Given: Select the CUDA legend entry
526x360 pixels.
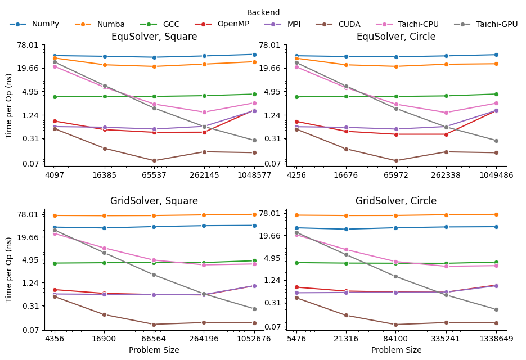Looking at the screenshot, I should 349,24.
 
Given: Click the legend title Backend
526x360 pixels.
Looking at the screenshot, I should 263,12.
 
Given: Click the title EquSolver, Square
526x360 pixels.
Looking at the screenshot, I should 154,37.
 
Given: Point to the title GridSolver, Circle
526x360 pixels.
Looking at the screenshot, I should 396,201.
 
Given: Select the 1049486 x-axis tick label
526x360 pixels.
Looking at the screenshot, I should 496,175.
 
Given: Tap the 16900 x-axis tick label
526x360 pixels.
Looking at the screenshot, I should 104,339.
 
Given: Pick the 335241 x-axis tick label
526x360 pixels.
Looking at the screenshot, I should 446,339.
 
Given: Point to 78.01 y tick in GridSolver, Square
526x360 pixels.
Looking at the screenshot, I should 29,214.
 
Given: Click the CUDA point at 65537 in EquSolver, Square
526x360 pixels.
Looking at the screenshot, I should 154,160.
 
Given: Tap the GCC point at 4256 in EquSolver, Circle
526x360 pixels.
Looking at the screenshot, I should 296,97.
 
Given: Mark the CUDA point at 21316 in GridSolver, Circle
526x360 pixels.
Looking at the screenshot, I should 346,315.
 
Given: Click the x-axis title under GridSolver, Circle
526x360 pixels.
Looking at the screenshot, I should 396,350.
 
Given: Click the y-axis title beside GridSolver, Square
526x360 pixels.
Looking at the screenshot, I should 9,269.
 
